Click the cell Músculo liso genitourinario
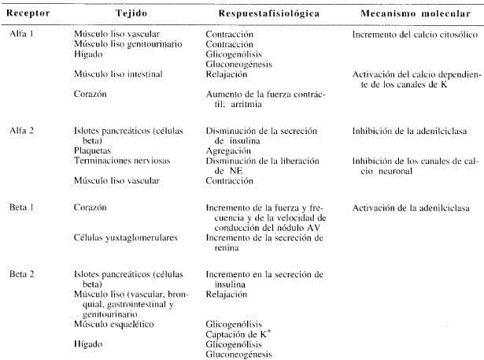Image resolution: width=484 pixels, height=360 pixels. click(x=119, y=45)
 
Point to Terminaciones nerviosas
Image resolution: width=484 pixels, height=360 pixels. click(x=116, y=160)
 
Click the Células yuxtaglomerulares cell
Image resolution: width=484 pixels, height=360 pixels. click(x=120, y=236)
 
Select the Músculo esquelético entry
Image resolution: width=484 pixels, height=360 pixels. click(x=113, y=324)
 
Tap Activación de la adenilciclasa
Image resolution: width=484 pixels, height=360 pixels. click(x=405, y=207)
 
